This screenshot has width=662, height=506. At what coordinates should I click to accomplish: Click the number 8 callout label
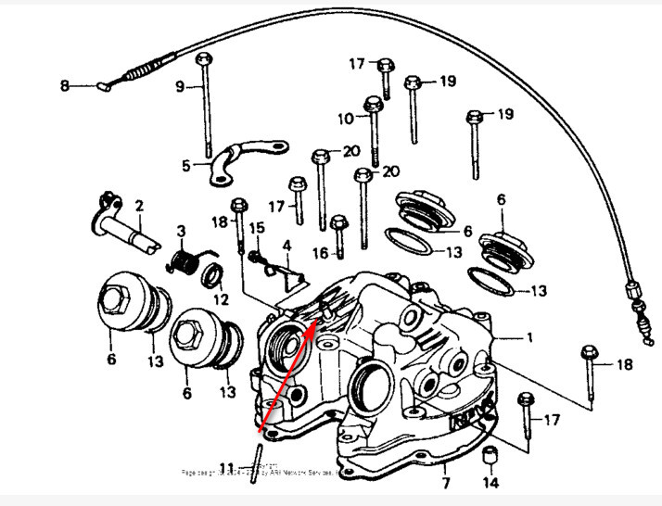point(65,86)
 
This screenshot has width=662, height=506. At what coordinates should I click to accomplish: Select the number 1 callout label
point(530,338)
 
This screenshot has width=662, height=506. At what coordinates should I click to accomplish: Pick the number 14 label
point(490,483)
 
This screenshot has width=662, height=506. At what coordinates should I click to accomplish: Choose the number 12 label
point(221,299)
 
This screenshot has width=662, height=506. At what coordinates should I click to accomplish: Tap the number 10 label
point(345,119)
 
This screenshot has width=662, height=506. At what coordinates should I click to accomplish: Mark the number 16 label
point(320,253)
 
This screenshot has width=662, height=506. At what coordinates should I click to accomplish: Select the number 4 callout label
point(287,246)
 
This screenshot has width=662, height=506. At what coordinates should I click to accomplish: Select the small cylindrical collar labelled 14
point(490,455)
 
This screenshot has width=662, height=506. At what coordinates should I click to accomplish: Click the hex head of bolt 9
point(205,61)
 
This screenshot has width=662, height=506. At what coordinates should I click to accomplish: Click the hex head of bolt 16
point(339,222)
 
